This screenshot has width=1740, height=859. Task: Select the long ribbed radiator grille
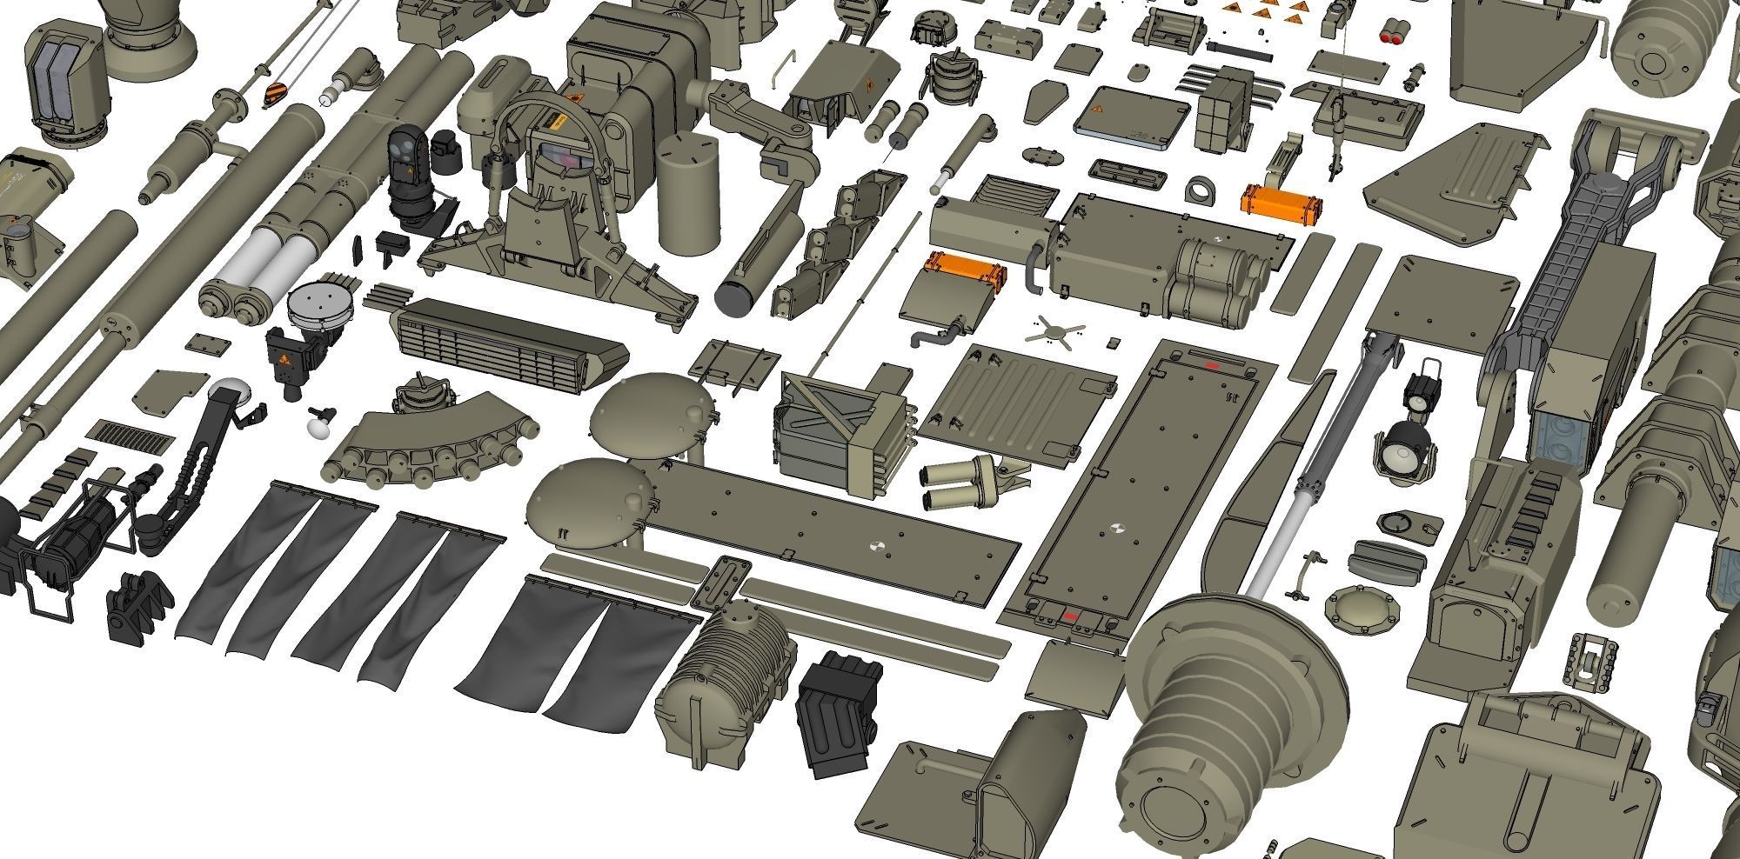(509, 346)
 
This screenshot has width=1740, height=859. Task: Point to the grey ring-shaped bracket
(1204, 190)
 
